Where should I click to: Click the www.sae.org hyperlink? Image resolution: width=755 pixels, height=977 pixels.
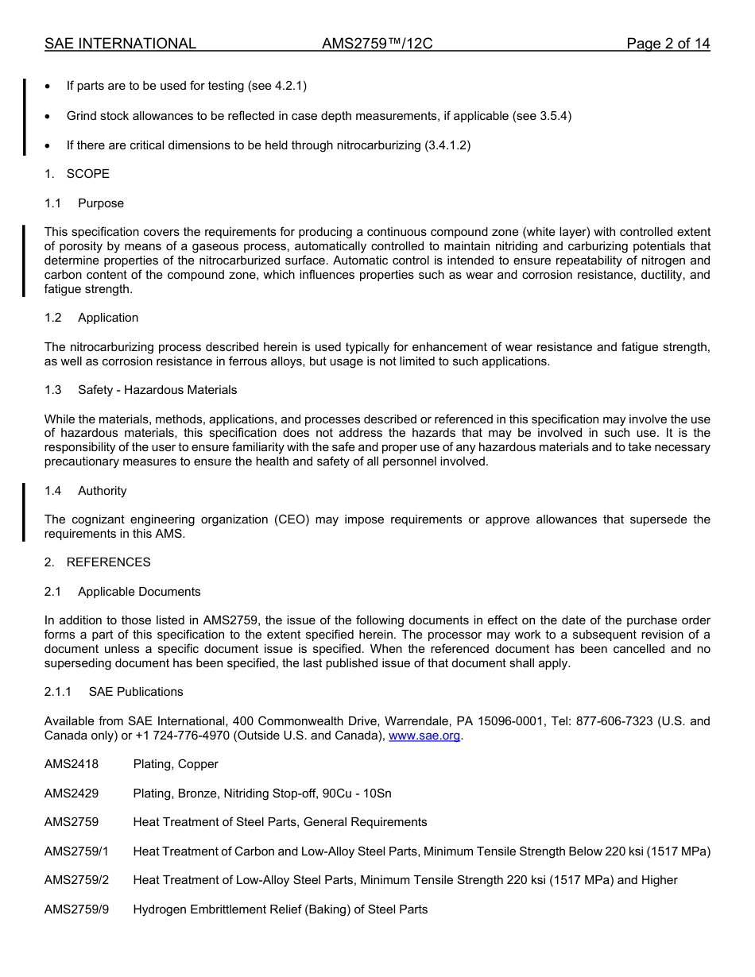pyautogui.click(x=424, y=736)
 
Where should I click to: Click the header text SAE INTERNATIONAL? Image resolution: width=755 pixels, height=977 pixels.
pyautogui.click(x=120, y=44)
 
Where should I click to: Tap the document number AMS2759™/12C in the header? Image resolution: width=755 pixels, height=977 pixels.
pyautogui.click(x=377, y=44)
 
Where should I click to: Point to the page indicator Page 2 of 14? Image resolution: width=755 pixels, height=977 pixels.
pyautogui.click(x=668, y=44)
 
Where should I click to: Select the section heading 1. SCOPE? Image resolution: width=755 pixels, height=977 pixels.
pyautogui.click(x=77, y=174)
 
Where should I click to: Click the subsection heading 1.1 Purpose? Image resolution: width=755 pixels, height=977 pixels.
pyautogui.click(x=84, y=203)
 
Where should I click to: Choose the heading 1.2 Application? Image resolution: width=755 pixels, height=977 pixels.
pyautogui.click(x=91, y=318)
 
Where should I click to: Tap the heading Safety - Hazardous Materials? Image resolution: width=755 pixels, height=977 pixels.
pyautogui.click(x=157, y=390)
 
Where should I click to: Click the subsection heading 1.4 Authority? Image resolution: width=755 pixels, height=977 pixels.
pyautogui.click(x=86, y=491)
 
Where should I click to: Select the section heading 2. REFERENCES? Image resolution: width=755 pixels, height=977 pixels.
pyautogui.click(x=98, y=562)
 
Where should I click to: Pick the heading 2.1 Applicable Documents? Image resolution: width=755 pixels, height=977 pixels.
pyautogui.click(x=122, y=592)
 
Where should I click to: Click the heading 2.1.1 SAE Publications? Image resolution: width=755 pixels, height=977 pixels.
pyautogui.click(x=114, y=692)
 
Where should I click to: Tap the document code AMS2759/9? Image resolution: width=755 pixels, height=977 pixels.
pyautogui.click(x=76, y=909)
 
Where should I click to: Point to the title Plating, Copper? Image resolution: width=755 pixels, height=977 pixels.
pyautogui.click(x=176, y=764)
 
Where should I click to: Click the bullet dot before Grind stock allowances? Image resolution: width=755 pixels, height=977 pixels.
pyautogui.click(x=48, y=116)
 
